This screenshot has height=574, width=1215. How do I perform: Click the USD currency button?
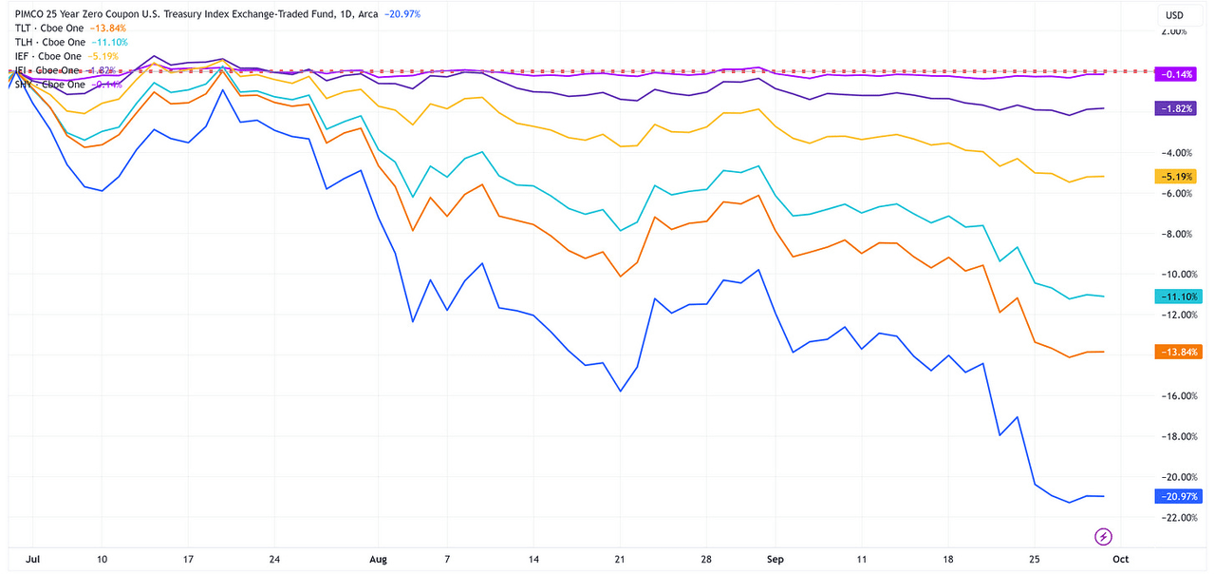(x=1174, y=15)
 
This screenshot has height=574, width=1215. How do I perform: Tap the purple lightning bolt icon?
(x=1104, y=536)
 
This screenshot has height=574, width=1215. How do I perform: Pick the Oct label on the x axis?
(x=1121, y=559)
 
